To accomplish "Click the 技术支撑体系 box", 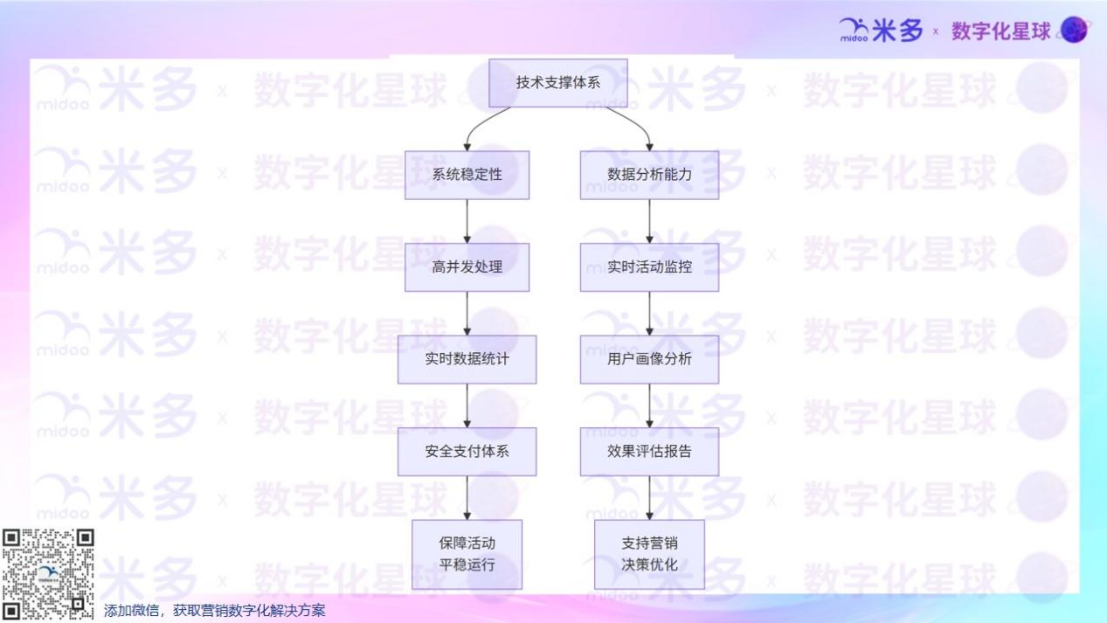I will (557, 83).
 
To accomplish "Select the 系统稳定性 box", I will (467, 175).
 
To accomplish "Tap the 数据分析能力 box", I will (649, 175).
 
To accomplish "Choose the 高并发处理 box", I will (467, 267).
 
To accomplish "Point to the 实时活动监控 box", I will (649, 267).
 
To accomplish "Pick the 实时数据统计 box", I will (467, 359).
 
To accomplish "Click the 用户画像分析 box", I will (649, 359).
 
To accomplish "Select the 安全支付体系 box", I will (467, 452).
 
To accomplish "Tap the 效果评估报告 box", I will (649, 452).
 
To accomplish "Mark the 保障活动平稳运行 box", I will (467, 554).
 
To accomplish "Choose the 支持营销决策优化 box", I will (649, 554).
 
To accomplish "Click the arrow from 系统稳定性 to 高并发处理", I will (467, 221).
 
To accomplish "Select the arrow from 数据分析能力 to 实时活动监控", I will (649, 221).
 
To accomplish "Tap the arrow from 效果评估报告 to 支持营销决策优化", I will (649, 498).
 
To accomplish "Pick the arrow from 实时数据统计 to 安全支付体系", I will (467, 405).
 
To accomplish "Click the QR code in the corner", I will (47, 574).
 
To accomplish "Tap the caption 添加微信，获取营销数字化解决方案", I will (214, 611).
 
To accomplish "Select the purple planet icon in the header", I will (1074, 31).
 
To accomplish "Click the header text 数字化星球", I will (1000, 31).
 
